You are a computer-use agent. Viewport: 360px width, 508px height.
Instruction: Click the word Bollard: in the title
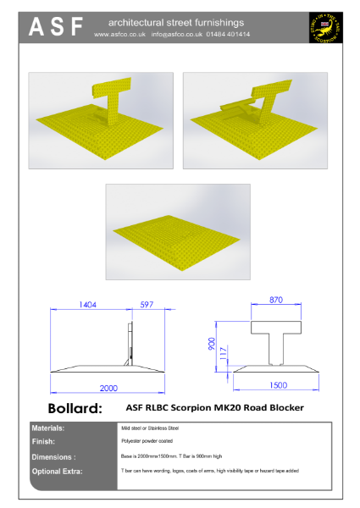tap(75, 408)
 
